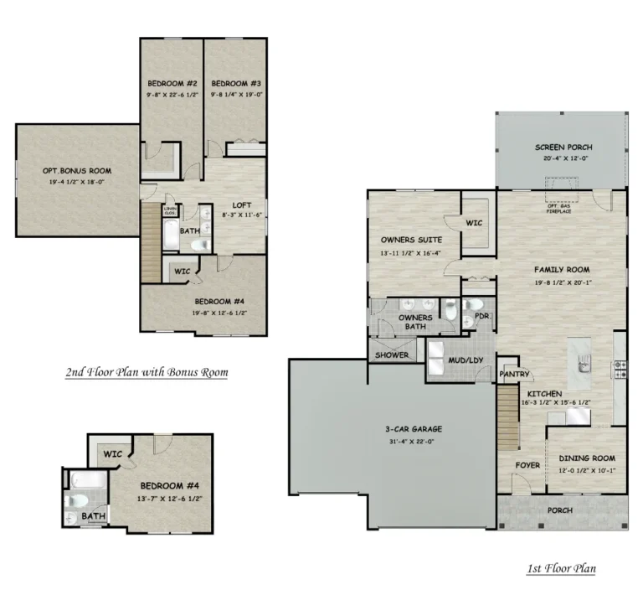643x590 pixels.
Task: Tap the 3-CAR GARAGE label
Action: coord(413,429)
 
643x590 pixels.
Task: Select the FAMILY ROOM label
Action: coord(562,270)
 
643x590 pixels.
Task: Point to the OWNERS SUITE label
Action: coord(411,241)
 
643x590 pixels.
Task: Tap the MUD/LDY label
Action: coord(466,361)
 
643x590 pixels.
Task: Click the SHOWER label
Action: coord(392,355)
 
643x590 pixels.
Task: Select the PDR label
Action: coord(481,316)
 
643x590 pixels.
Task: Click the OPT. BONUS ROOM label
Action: coord(77,171)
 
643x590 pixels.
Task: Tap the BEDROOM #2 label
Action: coord(172,84)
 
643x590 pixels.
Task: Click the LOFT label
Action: coord(241,205)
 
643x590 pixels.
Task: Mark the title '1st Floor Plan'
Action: coord(561,569)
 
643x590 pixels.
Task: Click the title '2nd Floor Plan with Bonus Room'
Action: coord(146,371)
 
